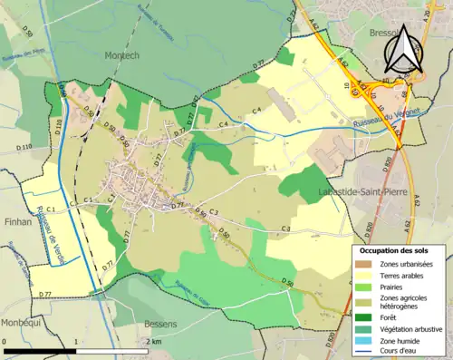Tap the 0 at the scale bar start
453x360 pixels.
pyautogui.click(x=5, y=340)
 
